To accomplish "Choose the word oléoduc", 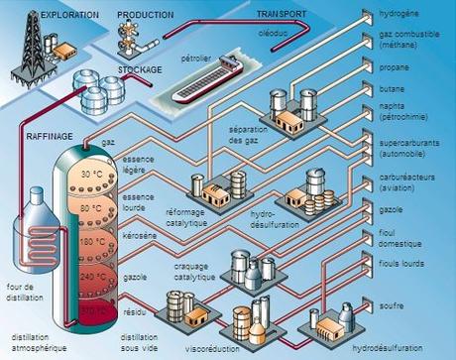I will click(x=303, y=32).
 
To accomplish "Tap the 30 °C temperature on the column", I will click(x=91, y=175).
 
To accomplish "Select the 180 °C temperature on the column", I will click(x=92, y=240).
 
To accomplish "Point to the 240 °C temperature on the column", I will click(x=92, y=276).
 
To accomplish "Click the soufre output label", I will click(x=392, y=306).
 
